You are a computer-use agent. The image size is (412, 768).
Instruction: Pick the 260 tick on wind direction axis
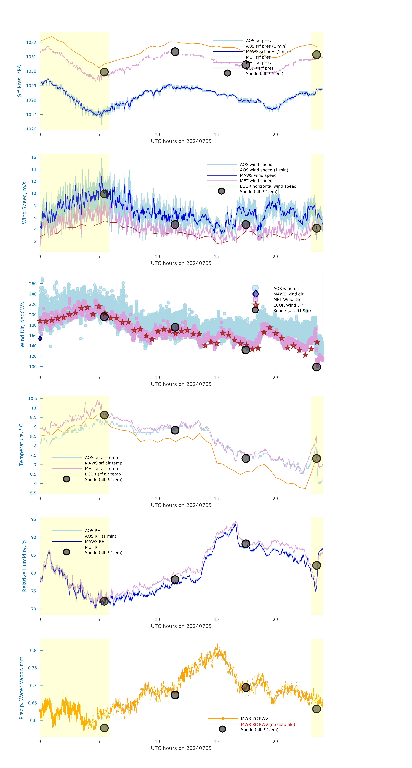pyautogui.click(x=33, y=283)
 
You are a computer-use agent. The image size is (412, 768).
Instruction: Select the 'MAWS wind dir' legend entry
pyautogui.click(x=288, y=294)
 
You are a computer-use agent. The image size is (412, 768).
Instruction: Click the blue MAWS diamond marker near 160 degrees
pyautogui.click(x=40, y=338)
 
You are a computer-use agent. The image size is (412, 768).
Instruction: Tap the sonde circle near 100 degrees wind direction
pyautogui.click(x=316, y=367)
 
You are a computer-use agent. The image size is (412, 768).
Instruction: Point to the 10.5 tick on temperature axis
pyautogui.click(x=32, y=399)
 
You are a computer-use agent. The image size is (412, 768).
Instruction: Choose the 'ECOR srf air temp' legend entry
pyautogui.click(x=103, y=474)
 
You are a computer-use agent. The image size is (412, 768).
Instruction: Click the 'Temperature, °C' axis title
pyautogui.click(x=21, y=445)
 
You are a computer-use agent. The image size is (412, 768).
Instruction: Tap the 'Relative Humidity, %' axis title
pyautogui.click(x=24, y=566)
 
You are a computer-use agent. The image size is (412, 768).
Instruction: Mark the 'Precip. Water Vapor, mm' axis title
pyautogui.click(x=21, y=688)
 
